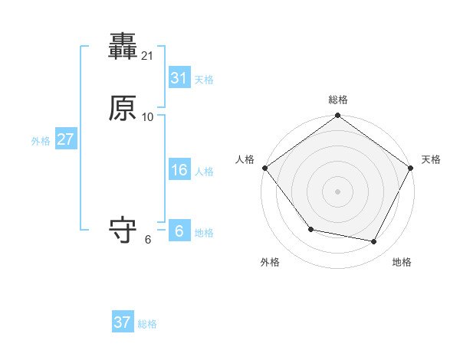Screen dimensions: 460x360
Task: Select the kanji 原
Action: pyautogui.click(x=123, y=109)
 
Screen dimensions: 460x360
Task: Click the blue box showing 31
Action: pyautogui.click(x=179, y=78)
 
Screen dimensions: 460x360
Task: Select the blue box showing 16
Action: pyautogui.click(x=179, y=170)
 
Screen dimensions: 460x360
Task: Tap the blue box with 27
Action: pyautogui.click(x=65, y=139)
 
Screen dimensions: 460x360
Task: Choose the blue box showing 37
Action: pyautogui.click(x=123, y=322)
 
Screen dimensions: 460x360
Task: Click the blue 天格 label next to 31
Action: pyautogui.click(x=204, y=80)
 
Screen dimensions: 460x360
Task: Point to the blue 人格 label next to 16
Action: pyautogui.click(x=204, y=172)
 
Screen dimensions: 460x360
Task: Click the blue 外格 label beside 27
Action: pyautogui.click(x=41, y=141)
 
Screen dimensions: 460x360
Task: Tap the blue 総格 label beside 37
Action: pyautogui.click(x=147, y=324)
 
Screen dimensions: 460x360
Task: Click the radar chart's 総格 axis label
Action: pyautogui.click(x=338, y=100)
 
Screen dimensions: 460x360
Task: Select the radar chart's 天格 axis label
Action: pyautogui.click(x=431, y=159)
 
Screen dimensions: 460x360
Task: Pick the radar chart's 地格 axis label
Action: pyautogui.click(x=402, y=262)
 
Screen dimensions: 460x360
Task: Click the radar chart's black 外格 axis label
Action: pyautogui.click(x=270, y=262)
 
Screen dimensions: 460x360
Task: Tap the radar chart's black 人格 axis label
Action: pyautogui.click(x=245, y=159)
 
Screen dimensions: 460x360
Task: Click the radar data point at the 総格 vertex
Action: pyautogui.click(x=338, y=116)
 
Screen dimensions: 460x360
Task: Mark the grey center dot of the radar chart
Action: pyautogui.click(x=338, y=191)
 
